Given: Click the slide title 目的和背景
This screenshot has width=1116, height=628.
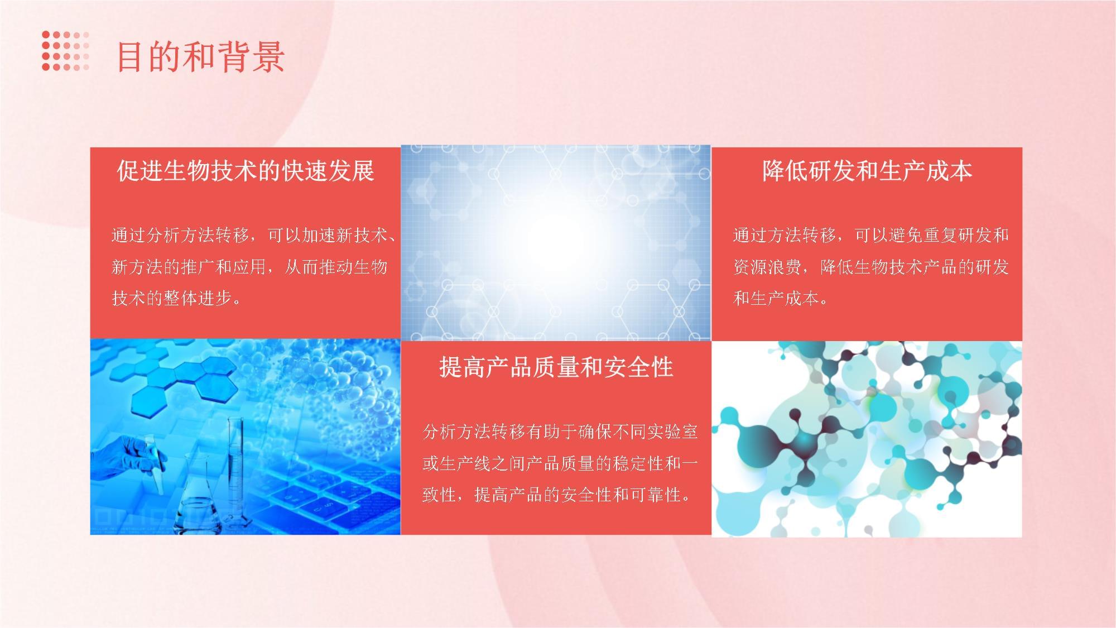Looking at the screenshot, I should click(201, 57).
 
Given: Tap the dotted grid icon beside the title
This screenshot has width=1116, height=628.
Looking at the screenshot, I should click(65, 51).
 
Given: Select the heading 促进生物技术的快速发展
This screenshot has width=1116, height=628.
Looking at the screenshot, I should click(245, 171).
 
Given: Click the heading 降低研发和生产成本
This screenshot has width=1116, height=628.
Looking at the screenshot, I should click(867, 171).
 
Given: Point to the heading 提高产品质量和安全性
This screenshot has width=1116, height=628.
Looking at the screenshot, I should click(556, 367).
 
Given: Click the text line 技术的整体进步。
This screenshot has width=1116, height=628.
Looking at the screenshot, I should click(177, 299).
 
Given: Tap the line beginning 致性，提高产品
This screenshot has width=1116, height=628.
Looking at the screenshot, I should click(557, 495).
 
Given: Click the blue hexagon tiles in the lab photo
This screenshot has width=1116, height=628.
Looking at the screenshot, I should click(179, 380).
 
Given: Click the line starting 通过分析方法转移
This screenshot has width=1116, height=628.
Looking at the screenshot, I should click(254, 235).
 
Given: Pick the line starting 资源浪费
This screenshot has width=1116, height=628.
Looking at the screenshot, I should click(870, 267).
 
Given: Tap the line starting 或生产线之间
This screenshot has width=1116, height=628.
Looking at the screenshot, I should click(560, 463).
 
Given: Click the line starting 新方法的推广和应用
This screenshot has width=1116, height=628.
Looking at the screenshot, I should click(249, 267).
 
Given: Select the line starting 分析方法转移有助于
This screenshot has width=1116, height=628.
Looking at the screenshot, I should click(560, 432).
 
